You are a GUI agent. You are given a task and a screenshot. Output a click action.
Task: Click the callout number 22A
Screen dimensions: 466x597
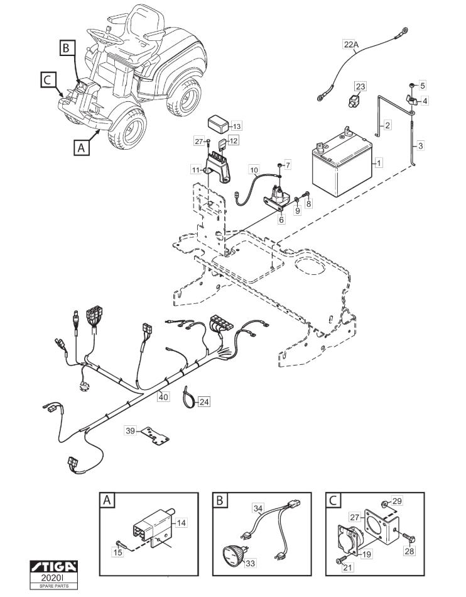pyautogui.click(x=351, y=45)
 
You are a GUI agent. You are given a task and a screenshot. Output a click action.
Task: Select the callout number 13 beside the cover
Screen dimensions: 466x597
pyautogui.click(x=236, y=126)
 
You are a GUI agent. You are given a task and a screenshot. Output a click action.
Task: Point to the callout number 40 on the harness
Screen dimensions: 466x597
pyautogui.click(x=163, y=397)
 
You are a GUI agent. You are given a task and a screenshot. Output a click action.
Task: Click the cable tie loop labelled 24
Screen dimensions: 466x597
pyautogui.click(x=188, y=396)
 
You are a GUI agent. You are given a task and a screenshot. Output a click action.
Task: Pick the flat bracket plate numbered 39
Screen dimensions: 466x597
pyautogui.click(x=155, y=436)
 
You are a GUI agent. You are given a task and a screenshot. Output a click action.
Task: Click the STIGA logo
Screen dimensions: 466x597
pyautogui.click(x=54, y=566)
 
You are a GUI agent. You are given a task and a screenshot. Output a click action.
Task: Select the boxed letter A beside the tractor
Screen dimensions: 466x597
pyautogui.click(x=82, y=147)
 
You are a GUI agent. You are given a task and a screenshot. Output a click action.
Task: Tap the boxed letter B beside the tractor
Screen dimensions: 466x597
pyautogui.click(x=66, y=48)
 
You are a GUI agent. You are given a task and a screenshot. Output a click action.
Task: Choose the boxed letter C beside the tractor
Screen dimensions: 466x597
pyautogui.click(x=48, y=81)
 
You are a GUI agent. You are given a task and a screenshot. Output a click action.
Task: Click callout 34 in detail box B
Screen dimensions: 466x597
pyautogui.click(x=257, y=508)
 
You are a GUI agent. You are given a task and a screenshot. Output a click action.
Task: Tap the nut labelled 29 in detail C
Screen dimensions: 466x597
pyautogui.click(x=384, y=505)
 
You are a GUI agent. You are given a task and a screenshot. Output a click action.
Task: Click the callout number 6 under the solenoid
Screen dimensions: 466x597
pyautogui.click(x=281, y=220)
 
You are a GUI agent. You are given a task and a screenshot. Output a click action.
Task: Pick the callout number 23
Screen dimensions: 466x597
pyautogui.click(x=360, y=86)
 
